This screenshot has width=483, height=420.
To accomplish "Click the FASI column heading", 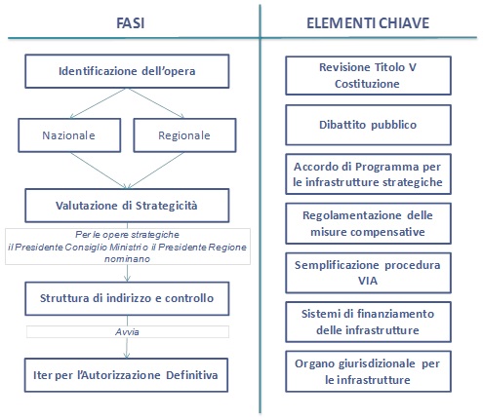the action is pyautogui.click(x=131, y=23).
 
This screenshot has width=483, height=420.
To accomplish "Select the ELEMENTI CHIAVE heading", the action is pyautogui.click(x=368, y=23).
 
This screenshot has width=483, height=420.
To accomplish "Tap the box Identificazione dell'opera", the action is pyautogui.click(x=127, y=71).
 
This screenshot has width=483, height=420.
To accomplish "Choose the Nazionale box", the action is pyautogui.click(x=69, y=135).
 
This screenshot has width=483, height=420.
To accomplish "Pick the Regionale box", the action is pyautogui.click(x=184, y=135).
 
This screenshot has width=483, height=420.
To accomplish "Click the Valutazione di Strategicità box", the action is pyautogui.click(x=127, y=206).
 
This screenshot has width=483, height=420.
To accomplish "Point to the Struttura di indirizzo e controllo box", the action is pyautogui.click(x=127, y=298).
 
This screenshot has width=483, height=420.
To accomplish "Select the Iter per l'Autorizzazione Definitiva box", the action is pyautogui.click(x=126, y=375).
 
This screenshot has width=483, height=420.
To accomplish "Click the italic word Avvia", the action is pyautogui.click(x=127, y=332).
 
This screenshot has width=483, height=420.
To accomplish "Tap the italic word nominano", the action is pyautogui.click(x=127, y=259).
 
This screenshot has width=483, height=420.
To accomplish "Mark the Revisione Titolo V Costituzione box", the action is pyautogui.click(x=368, y=76).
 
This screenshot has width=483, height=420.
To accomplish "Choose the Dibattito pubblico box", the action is pyautogui.click(x=368, y=125).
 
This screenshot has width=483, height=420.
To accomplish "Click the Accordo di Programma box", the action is pyautogui.click(x=368, y=174).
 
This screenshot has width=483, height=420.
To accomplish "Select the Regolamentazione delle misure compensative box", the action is pyautogui.click(x=368, y=223).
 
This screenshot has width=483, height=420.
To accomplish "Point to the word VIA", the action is pyautogui.click(x=368, y=281).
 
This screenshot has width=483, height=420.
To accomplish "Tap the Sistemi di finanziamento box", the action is pyautogui.click(x=368, y=322).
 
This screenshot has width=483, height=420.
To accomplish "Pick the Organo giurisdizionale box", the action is pyautogui.click(x=368, y=371).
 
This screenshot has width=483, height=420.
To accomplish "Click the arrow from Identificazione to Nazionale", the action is pyautogui.click(x=98, y=103).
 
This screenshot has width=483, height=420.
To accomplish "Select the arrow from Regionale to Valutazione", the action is pyautogui.click(x=155, y=171).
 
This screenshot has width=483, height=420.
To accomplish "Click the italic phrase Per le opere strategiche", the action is pyautogui.click(x=127, y=235).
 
